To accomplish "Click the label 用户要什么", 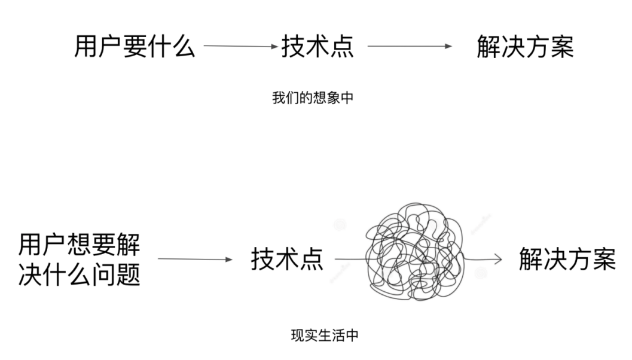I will [x=135, y=46].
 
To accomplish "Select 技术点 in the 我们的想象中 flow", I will [x=317, y=46].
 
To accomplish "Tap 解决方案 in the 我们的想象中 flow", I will [x=526, y=46].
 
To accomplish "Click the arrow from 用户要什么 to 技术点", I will [x=241, y=45].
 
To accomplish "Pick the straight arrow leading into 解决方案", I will [x=410, y=45].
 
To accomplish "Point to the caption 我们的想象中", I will [x=313, y=98].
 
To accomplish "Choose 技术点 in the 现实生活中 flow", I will [x=286, y=260].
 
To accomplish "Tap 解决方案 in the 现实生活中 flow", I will [x=567, y=260].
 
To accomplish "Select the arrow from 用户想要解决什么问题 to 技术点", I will [x=194, y=260].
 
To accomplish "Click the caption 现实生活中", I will [x=325, y=335].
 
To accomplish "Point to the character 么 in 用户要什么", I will [x=184, y=46].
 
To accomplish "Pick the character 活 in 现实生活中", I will [x=341, y=335].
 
